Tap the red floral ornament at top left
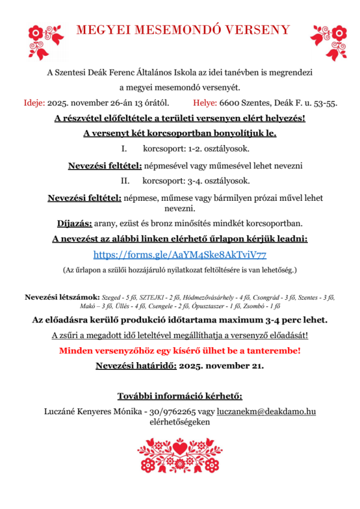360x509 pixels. tap(46, 38)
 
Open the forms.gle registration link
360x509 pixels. tap(180, 254)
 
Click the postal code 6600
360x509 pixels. tap(230, 103)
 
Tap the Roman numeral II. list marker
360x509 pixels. tap(125, 180)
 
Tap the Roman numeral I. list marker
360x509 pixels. tap(124, 148)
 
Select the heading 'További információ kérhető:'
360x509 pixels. tap(180, 396)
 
